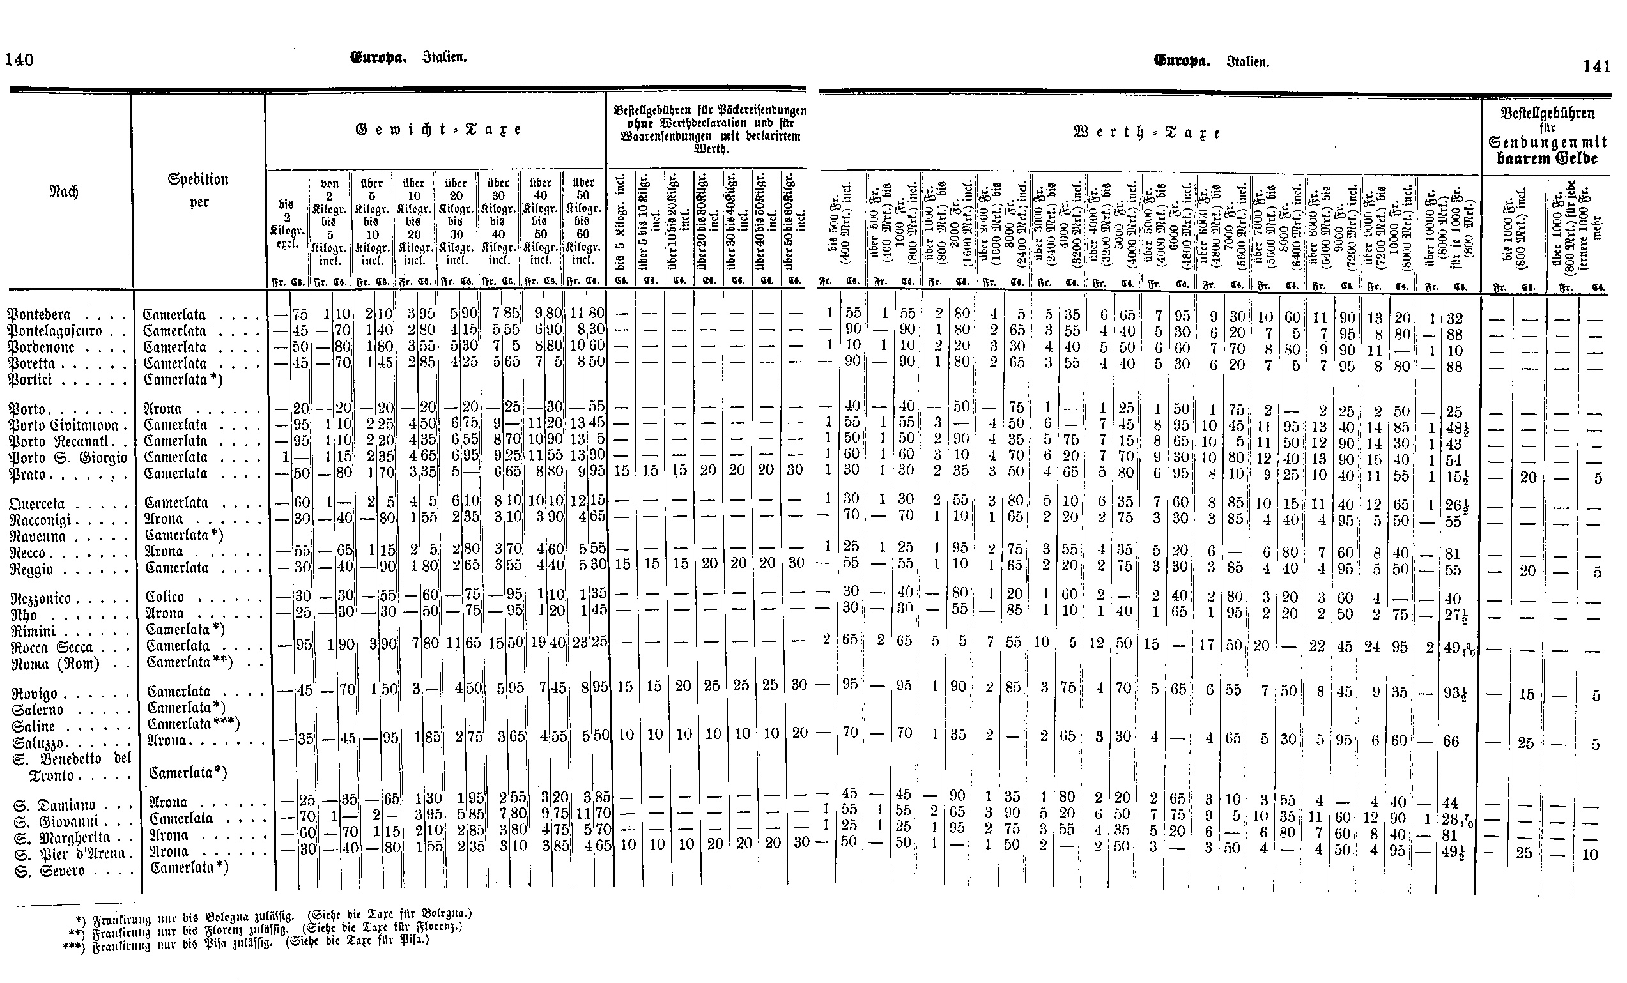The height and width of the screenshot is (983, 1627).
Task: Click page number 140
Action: [x=19, y=59]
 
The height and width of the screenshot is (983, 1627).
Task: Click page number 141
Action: [x=1596, y=66]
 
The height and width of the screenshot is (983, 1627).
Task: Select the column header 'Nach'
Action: [x=64, y=192]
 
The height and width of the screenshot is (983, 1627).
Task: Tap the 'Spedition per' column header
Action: [x=199, y=190]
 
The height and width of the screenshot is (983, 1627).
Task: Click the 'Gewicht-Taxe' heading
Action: [x=438, y=130]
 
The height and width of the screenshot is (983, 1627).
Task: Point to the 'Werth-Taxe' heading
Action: [x=1148, y=133]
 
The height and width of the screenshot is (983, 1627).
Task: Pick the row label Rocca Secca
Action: [x=53, y=647]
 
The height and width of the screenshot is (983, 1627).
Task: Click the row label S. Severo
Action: [x=49, y=870]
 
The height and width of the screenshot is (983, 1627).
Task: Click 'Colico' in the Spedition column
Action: [x=165, y=596]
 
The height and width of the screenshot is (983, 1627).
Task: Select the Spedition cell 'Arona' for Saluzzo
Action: [x=168, y=741]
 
